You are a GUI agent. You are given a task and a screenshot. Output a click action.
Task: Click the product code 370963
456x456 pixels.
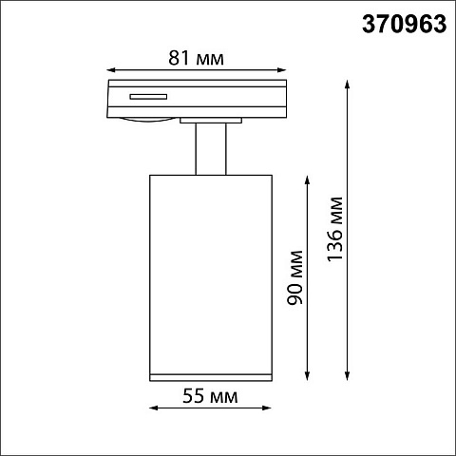[x=405, y=24]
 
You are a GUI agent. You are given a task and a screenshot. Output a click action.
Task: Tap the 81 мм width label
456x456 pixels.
[x=196, y=58]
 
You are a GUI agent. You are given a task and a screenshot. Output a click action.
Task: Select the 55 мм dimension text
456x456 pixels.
[x=210, y=396]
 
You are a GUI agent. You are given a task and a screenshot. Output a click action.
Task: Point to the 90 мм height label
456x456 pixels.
[x=295, y=277]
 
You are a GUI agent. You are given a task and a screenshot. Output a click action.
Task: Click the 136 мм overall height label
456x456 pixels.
[x=334, y=229]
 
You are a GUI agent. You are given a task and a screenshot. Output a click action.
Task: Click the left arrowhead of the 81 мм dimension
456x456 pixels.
[x=111, y=70]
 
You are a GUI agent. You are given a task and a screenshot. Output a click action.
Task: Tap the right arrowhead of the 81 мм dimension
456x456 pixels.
[x=282, y=70]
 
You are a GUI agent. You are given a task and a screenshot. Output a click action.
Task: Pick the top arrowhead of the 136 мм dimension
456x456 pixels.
[x=348, y=85]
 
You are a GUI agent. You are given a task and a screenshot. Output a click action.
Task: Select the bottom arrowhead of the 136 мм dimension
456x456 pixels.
[x=348, y=376]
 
